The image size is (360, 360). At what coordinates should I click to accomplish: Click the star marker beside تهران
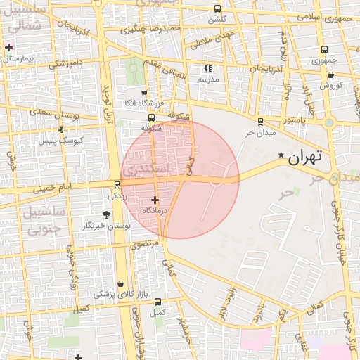click(x=281, y=155)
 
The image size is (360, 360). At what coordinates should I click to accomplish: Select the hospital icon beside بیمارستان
click(x=8, y=48)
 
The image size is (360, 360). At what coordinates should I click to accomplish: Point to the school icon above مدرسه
click(x=207, y=68)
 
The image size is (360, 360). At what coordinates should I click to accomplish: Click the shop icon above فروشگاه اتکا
click(x=145, y=92)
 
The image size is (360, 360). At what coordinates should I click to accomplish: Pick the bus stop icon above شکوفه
click(x=151, y=117)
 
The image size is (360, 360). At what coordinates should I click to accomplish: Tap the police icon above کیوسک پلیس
click(x=60, y=129)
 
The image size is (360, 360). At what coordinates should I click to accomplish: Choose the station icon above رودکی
click(x=117, y=185)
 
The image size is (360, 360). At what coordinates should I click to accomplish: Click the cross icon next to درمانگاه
click(x=155, y=200)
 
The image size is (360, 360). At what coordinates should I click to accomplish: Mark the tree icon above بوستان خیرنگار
click(x=107, y=214)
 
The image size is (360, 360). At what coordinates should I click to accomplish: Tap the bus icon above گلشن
click(x=217, y=9)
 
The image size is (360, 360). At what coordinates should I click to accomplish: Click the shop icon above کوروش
click(x=330, y=75)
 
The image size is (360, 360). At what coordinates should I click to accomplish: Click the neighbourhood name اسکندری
click(x=145, y=169)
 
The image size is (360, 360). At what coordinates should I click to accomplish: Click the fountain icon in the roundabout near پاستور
click(x=329, y=122)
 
